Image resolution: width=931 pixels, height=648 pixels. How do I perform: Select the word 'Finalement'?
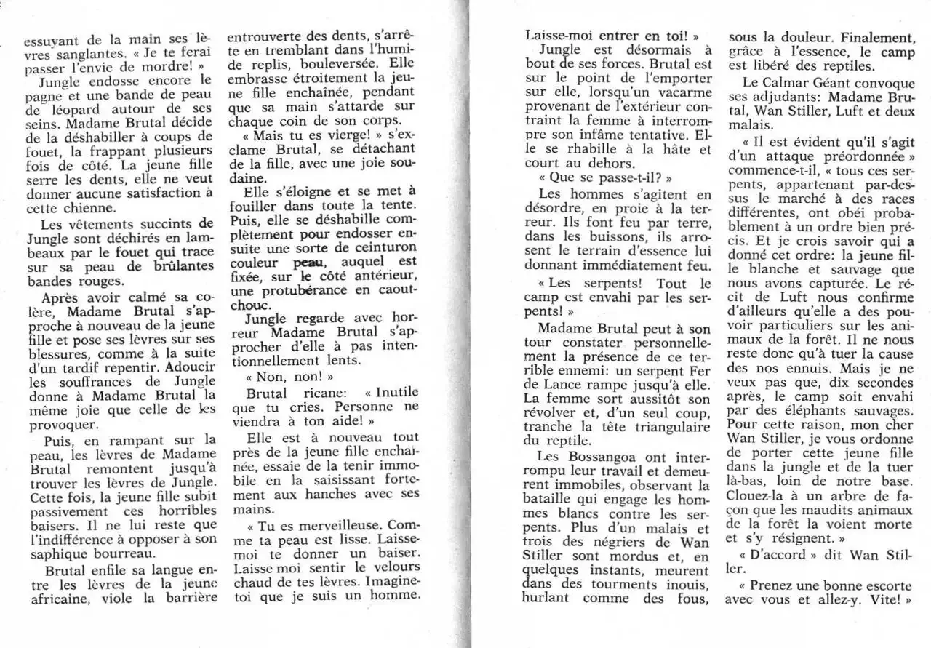[x=869, y=37]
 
